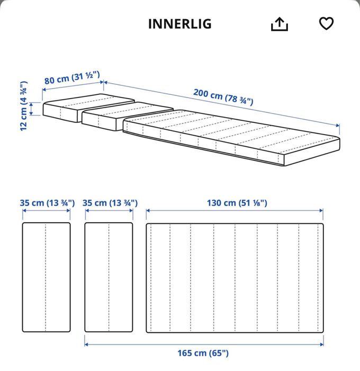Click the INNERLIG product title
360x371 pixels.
(x=179, y=24)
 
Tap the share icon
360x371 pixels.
(x=279, y=24)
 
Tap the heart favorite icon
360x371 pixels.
(x=327, y=24)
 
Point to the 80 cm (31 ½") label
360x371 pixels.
(x=72, y=78)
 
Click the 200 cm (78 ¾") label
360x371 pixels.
(x=223, y=96)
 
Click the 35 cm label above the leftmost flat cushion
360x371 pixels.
(x=47, y=202)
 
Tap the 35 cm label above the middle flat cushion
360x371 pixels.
(x=111, y=202)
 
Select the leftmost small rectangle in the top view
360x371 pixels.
(x=47, y=278)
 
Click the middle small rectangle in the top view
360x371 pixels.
(x=109, y=278)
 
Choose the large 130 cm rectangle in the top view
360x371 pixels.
(x=235, y=278)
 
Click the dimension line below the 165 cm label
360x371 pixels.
(x=204, y=343)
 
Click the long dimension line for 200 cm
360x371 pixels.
(x=222, y=104)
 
